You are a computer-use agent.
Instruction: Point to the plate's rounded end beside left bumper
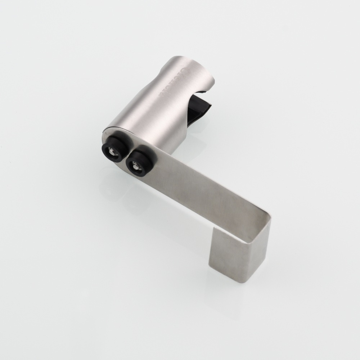point(104,139)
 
